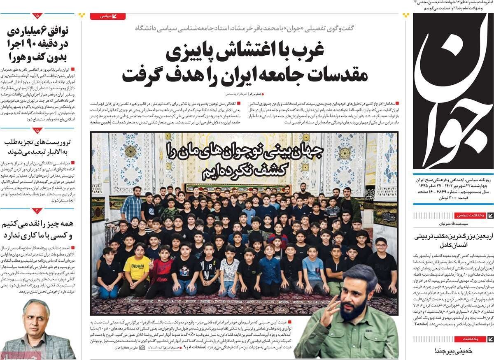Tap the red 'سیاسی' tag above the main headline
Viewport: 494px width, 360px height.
point(107,16)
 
